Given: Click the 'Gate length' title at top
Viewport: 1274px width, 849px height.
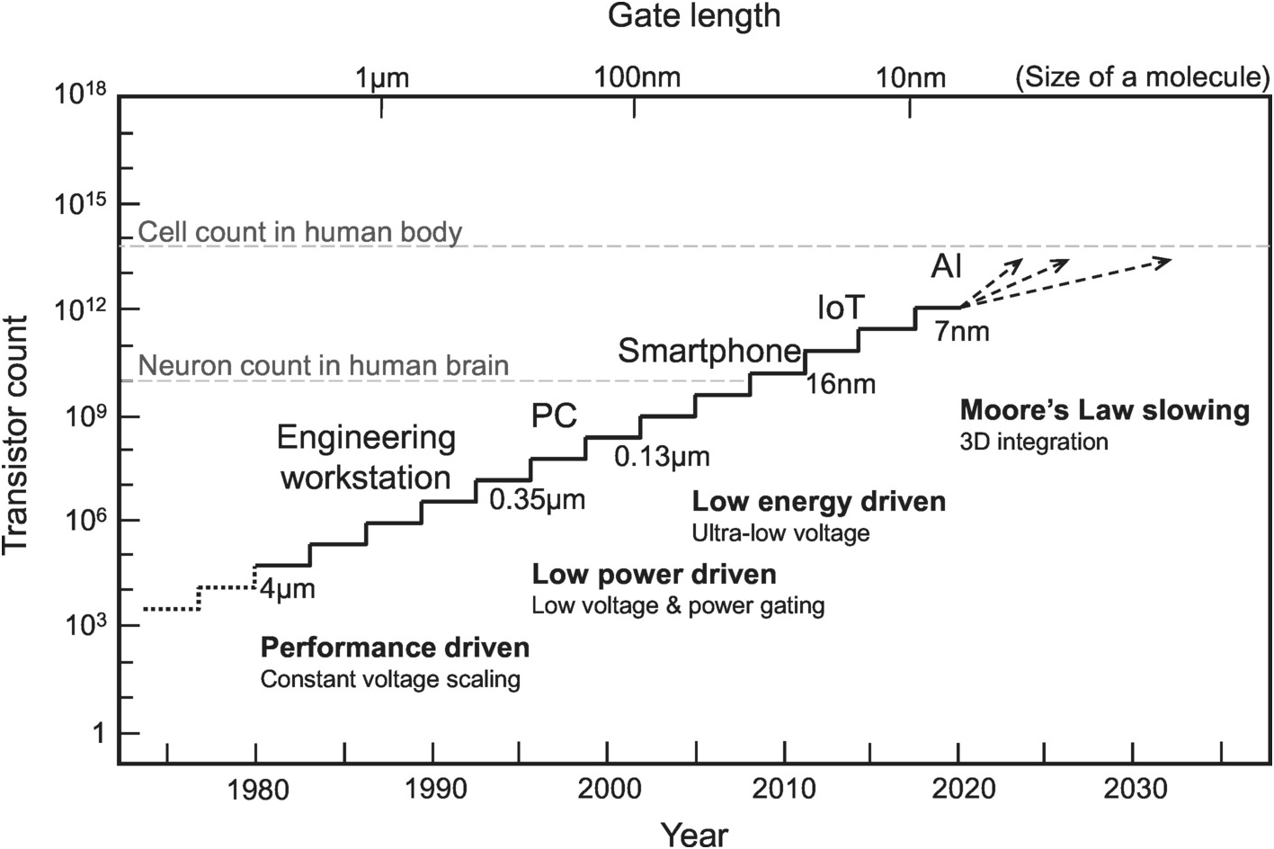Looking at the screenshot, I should pyautogui.click(x=694, y=16).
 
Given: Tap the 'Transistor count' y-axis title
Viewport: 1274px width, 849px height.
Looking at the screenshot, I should pyautogui.click(x=17, y=435).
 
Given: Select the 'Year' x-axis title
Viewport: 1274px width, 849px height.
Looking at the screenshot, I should pyautogui.click(x=694, y=833).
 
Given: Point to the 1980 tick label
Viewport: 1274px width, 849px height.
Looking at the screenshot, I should pyautogui.click(x=258, y=790).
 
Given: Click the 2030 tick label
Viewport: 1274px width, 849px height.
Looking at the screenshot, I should pyautogui.click(x=1135, y=790).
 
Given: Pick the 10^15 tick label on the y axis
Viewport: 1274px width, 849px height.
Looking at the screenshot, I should pyautogui.click(x=81, y=204).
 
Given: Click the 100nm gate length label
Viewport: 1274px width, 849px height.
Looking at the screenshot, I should pyautogui.click(x=636, y=78).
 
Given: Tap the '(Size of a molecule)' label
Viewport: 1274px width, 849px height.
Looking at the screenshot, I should pyautogui.click(x=1142, y=77).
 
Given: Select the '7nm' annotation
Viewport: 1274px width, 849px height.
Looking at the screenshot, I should pyautogui.click(x=961, y=332).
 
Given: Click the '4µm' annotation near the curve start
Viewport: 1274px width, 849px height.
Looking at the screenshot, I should pyautogui.click(x=287, y=591).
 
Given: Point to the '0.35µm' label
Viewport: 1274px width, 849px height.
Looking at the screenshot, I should pyautogui.click(x=537, y=499).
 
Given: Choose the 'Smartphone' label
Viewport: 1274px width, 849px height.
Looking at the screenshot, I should pyautogui.click(x=708, y=351).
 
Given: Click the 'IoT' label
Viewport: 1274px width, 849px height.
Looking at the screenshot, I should pyautogui.click(x=840, y=308).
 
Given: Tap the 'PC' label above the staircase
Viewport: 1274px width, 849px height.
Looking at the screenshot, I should pyautogui.click(x=554, y=416).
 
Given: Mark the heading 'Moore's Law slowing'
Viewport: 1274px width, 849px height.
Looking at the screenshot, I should pyautogui.click(x=1104, y=411).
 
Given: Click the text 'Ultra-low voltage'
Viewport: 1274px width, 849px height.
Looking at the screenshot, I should pyautogui.click(x=780, y=533).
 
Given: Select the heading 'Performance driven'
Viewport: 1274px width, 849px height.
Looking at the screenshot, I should pyautogui.click(x=394, y=648).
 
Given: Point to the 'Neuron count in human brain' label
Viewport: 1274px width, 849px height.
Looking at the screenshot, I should pyautogui.click(x=324, y=366).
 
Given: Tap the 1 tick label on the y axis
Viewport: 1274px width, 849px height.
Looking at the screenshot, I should pyautogui.click(x=98, y=734).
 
